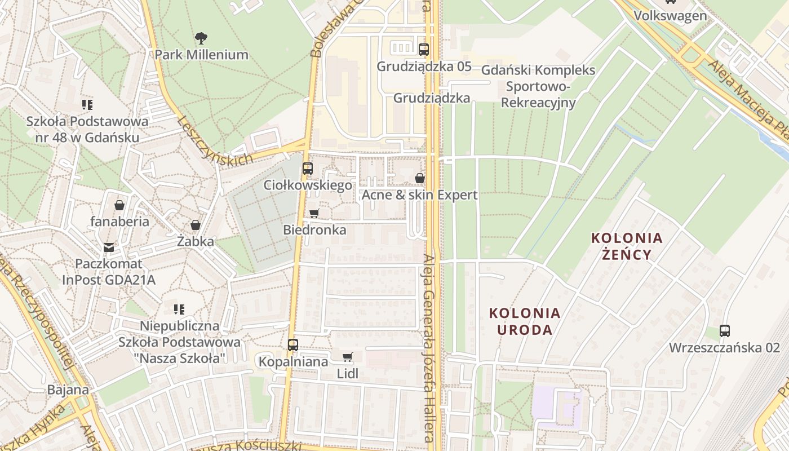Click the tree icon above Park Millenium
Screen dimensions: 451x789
pyautogui.click(x=201, y=38)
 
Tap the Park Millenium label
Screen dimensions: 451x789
pyautogui.click(x=201, y=55)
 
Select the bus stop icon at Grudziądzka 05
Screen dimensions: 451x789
pyautogui.click(x=424, y=50)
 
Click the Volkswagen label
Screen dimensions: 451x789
pyautogui.click(x=670, y=15)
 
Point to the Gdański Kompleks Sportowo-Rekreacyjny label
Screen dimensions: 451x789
pyautogui.click(x=538, y=86)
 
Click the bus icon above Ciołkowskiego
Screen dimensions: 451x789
pyautogui.click(x=308, y=168)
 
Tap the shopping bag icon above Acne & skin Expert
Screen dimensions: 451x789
pyautogui.click(x=419, y=179)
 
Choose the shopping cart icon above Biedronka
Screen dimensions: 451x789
pyautogui.click(x=314, y=213)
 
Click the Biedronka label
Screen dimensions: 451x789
pyautogui.click(x=314, y=230)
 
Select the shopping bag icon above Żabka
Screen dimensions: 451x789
pyautogui.click(x=196, y=225)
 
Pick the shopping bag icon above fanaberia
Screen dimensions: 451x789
pyautogui.click(x=119, y=205)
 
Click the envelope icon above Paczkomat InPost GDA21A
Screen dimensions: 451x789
pyautogui.click(x=109, y=247)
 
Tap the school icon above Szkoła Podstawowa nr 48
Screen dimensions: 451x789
pyautogui.click(x=87, y=104)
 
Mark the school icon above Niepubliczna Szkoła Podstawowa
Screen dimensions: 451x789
pyautogui.click(x=179, y=309)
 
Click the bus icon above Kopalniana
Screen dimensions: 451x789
pyautogui.click(x=293, y=345)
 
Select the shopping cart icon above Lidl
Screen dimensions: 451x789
pyautogui.click(x=348, y=357)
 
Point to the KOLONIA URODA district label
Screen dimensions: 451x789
pyautogui.click(x=525, y=321)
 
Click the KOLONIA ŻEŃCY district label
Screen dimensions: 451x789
pyautogui.click(x=627, y=246)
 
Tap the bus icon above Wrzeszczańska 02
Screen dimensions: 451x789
pyautogui.click(x=725, y=331)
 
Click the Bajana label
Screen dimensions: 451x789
pyautogui.click(x=68, y=390)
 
